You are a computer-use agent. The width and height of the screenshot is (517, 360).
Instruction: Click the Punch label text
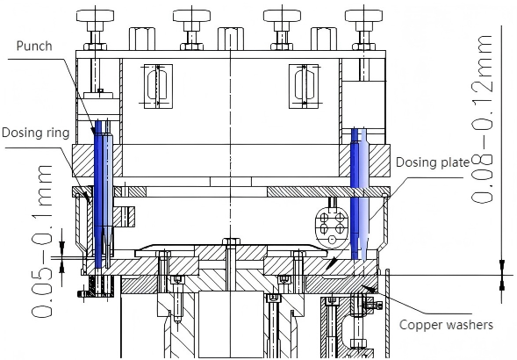[x=34, y=46]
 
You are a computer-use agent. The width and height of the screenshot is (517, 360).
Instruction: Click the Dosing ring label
[x=36, y=133]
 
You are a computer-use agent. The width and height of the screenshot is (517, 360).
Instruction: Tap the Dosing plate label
[x=432, y=162]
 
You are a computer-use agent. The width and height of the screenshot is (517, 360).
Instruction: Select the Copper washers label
[x=446, y=325]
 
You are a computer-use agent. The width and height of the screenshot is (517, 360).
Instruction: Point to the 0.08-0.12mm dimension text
[x=483, y=119]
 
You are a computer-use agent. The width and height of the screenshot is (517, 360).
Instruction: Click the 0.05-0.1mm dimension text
[x=42, y=241]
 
